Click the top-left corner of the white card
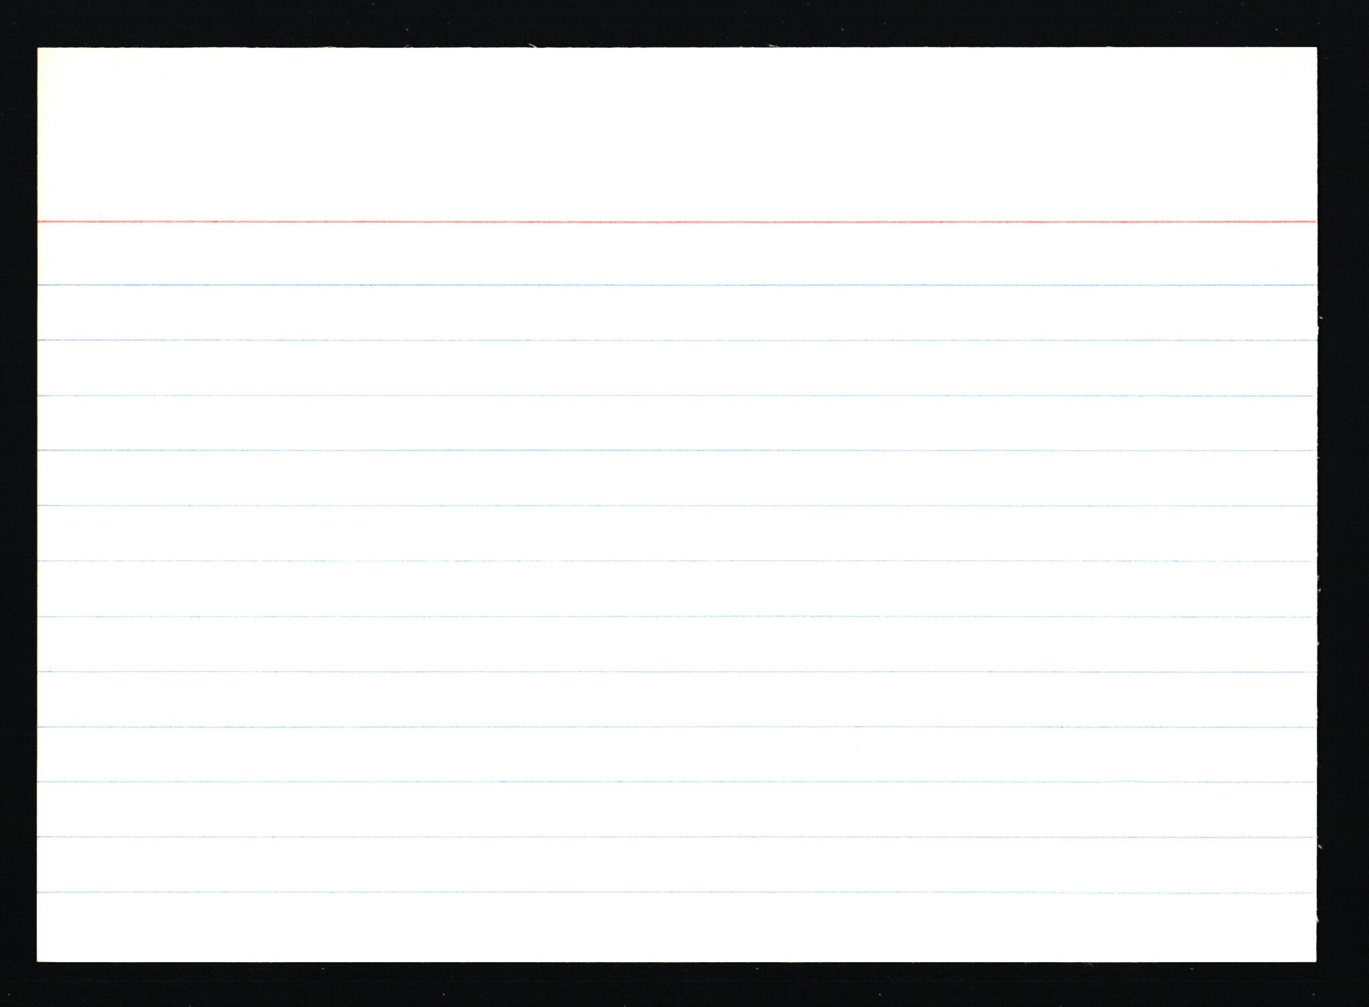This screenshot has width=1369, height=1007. pyautogui.click(x=39, y=49)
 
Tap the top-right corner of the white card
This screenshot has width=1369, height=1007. pyautogui.click(x=1315, y=49)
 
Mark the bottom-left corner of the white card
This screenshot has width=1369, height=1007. pyautogui.click(x=38, y=961)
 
